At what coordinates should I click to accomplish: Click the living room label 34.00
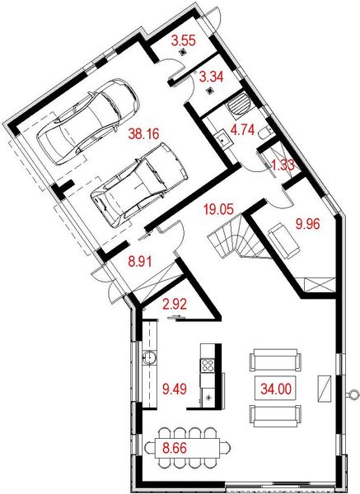pyautogui.click(x=276, y=386)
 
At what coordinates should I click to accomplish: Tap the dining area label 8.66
pyautogui.click(x=172, y=449)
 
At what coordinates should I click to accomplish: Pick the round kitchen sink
pyautogui.click(x=150, y=357)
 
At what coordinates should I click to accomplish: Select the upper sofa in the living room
pyautogui.click(x=274, y=360)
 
